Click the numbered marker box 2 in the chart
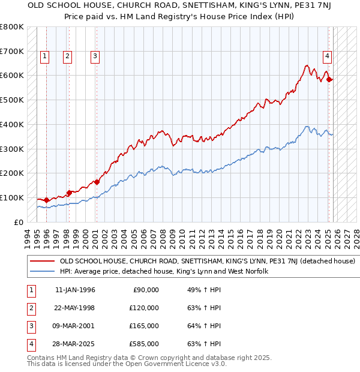point(67,57)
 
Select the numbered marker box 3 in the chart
point(95,57)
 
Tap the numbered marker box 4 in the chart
point(327,57)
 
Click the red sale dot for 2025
point(329,79)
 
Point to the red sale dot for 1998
point(69,193)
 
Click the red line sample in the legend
point(42,262)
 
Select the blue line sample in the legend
point(42,272)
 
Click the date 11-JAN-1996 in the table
point(75,290)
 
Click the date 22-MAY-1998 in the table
point(75,308)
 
